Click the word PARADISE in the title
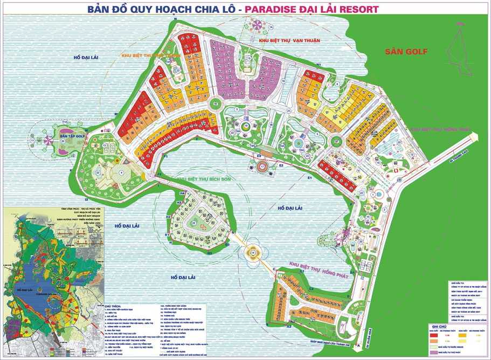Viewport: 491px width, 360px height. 280,9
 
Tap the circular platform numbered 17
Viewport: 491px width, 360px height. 262,167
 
